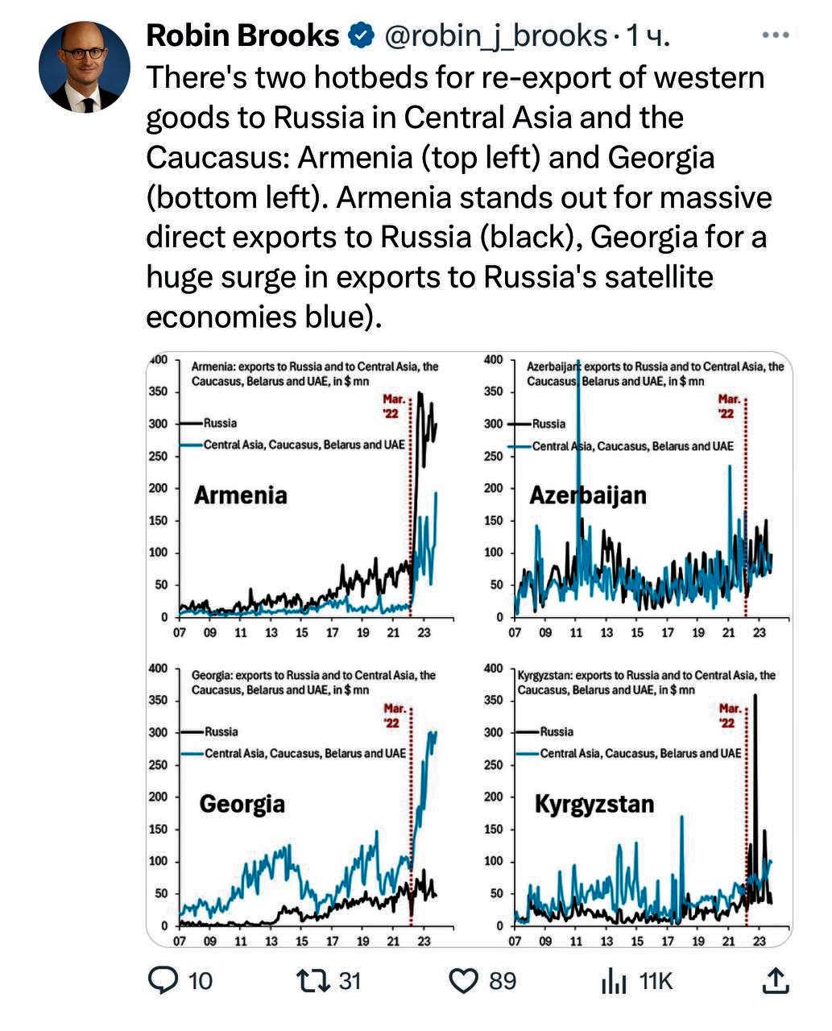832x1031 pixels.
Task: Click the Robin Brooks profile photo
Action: coord(84,67)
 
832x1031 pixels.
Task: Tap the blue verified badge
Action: coord(359,35)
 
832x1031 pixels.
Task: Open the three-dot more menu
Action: coord(775,35)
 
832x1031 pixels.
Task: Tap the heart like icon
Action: coord(464,980)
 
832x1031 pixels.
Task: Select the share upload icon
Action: coord(775,980)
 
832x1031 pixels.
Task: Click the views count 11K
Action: coord(655,980)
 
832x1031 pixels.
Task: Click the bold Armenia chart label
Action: coord(240,495)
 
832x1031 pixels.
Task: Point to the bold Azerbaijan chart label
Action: coord(588,495)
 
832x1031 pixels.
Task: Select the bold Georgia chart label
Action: coord(242,804)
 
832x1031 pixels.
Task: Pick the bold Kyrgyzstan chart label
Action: coord(594,804)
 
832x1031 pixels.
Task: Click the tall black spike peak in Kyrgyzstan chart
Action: coord(755,696)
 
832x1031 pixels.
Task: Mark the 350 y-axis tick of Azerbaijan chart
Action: coord(494,391)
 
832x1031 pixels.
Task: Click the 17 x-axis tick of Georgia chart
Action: coord(332,941)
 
